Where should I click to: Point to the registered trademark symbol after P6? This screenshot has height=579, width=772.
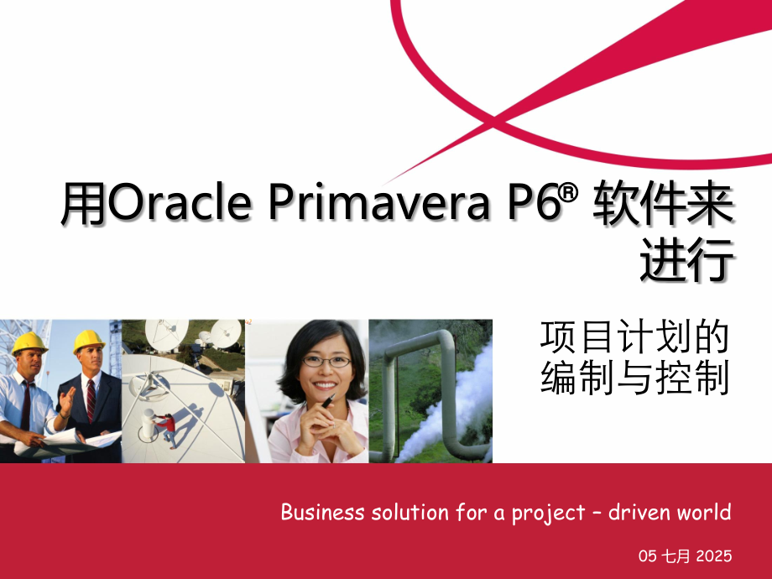click(x=571, y=192)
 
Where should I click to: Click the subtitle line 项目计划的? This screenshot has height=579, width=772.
click(x=634, y=337)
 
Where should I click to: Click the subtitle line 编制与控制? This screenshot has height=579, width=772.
click(x=634, y=378)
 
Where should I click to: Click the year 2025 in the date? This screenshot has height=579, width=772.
click(x=712, y=556)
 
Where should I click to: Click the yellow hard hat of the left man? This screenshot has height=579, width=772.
click(x=30, y=342)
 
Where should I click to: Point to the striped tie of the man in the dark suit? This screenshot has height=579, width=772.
click(x=90, y=399)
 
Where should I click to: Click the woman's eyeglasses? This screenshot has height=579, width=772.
click(x=326, y=361)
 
